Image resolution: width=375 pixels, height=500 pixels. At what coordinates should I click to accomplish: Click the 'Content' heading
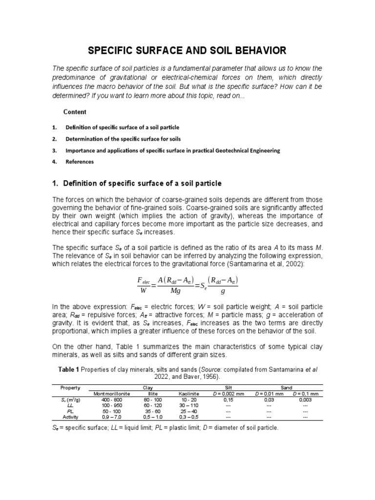tap(75, 112)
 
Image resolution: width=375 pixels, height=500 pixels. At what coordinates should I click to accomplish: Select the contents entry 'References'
tap(80, 162)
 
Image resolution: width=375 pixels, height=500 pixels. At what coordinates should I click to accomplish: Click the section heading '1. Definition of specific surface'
tap(136, 184)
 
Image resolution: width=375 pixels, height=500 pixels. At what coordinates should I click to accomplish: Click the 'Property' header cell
tap(70, 387)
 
